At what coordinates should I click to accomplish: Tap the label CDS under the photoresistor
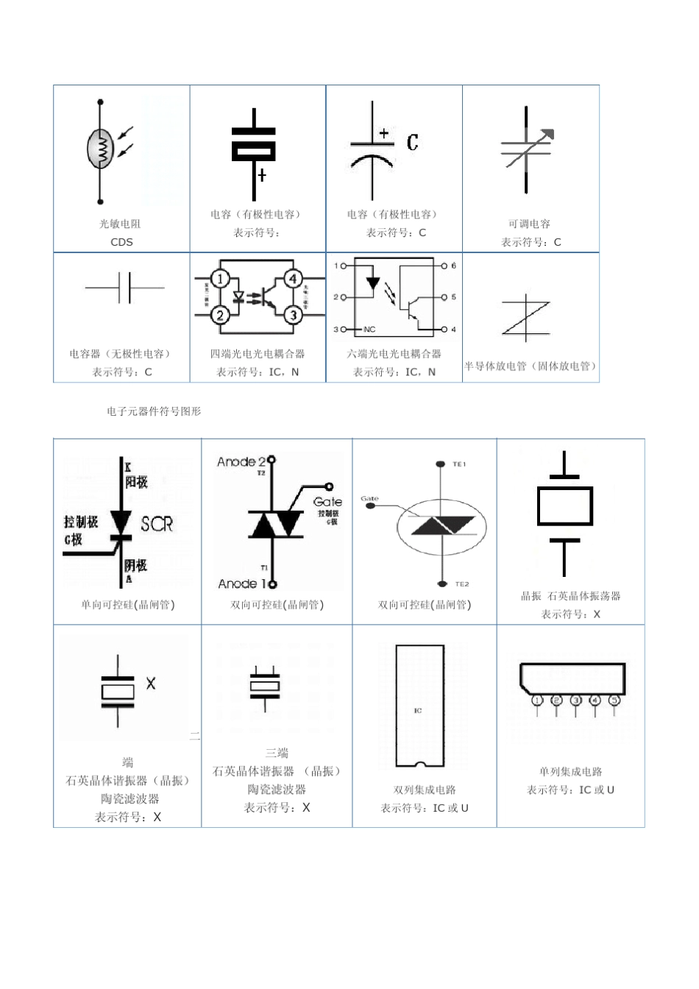[x=121, y=242]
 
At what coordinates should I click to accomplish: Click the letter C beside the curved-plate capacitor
[x=413, y=142]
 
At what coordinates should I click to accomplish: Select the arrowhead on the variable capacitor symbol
[x=547, y=134]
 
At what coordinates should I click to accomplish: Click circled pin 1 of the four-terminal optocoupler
[x=220, y=279]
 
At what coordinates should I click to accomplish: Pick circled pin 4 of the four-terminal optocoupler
[x=294, y=279]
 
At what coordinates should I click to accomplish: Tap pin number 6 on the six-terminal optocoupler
[x=454, y=266]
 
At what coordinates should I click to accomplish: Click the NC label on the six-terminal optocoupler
[x=369, y=329]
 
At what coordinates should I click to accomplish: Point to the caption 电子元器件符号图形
[x=154, y=411]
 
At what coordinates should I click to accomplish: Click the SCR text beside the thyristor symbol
[x=157, y=524]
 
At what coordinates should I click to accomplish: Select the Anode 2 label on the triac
[x=241, y=461]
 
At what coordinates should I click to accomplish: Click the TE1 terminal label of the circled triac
[x=460, y=464]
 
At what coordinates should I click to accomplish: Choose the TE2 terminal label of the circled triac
[x=461, y=584]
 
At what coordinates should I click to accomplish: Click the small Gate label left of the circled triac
[x=369, y=499]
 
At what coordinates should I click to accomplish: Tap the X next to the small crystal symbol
[x=151, y=684]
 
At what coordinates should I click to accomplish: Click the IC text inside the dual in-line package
[x=418, y=710]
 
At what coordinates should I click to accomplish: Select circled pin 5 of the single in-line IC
[x=614, y=700]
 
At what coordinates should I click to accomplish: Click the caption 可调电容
[x=529, y=224]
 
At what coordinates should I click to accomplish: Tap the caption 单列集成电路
[x=570, y=771]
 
